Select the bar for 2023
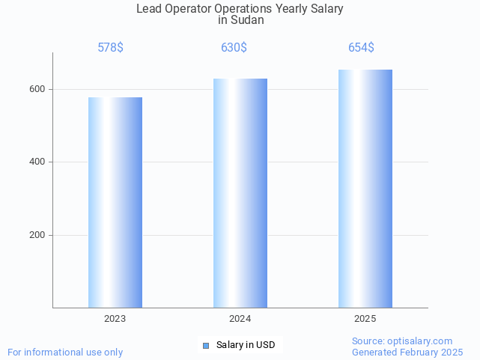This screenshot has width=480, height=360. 115,202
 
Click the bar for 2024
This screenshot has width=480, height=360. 240,193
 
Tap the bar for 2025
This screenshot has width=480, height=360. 365,189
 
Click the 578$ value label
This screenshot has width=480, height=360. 111,48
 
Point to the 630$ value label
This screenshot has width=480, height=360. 234,48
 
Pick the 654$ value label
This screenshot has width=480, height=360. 361,48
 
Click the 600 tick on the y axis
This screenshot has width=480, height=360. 37,89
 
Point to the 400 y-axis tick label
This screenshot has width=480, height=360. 37,162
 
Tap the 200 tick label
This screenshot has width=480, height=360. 37,235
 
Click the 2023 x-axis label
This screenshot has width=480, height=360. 115,319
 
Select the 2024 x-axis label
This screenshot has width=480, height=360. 240,319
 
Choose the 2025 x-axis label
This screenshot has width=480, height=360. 365,319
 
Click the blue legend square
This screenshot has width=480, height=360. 206,345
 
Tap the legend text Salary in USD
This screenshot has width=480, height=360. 246,345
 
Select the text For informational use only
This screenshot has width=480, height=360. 65,352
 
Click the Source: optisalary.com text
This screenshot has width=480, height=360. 402,341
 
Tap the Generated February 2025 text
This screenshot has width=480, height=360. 407,352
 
